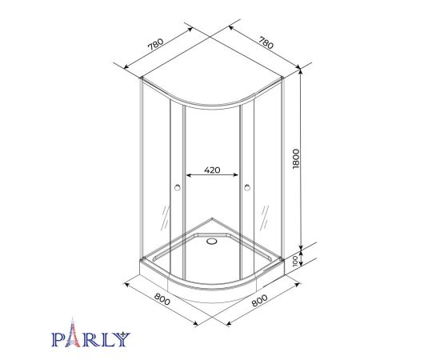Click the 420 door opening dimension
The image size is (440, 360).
tap(212, 170)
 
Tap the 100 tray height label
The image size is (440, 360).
tap(295, 261)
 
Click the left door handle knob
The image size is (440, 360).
tap(177, 189)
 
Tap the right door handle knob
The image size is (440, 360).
tap(247, 189)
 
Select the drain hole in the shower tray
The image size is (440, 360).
tap(212, 238)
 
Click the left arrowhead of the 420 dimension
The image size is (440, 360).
tap(188, 176)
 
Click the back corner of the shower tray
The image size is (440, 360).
tap(212, 216)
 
